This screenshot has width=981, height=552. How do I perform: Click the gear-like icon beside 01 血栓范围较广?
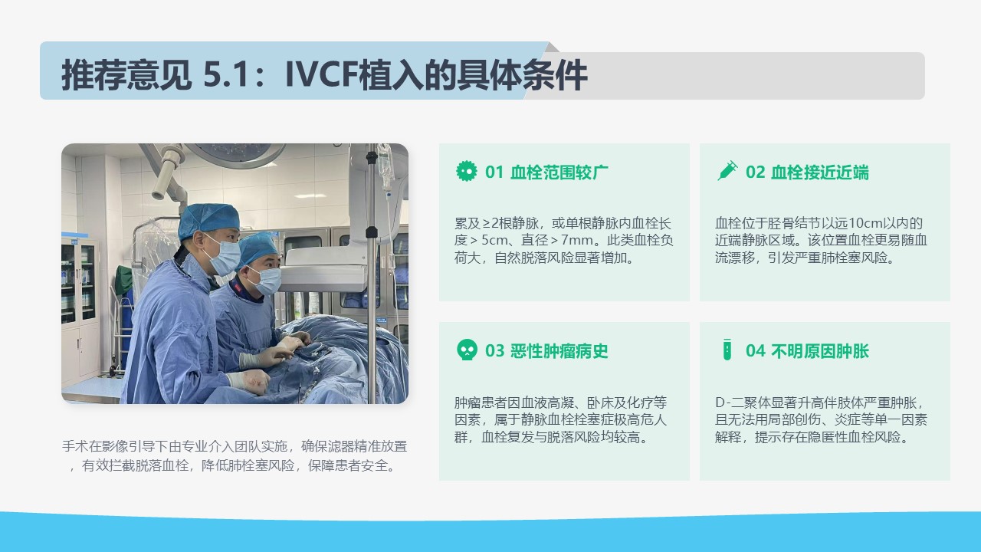(467, 171)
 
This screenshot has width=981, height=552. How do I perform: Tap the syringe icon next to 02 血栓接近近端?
(727, 171)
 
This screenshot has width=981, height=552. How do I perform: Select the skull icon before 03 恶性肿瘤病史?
(467, 350)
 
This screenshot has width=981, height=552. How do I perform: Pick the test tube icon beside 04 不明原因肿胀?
(727, 350)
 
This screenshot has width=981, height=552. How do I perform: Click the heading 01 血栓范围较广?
(546, 172)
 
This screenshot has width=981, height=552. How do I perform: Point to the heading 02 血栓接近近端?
(807, 172)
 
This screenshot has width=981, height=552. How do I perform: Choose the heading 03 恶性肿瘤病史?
(546, 351)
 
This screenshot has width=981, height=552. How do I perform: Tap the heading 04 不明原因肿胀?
(807, 351)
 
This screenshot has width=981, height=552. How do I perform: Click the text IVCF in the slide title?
(321, 75)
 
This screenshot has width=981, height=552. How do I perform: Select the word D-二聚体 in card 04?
(743, 402)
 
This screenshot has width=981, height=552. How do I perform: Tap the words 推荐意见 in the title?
(126, 75)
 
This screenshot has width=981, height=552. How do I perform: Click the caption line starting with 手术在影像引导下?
(235, 446)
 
